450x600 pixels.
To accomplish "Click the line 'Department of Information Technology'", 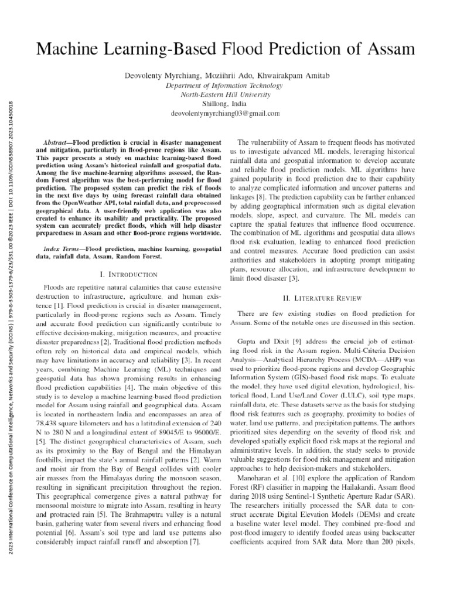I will coord(225,85).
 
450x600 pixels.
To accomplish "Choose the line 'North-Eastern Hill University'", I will coord(225,94).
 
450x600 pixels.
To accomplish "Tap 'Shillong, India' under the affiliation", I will coord(225,104).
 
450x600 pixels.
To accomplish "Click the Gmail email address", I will coord(225,113).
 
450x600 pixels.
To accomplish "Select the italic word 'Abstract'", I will coord(58,143).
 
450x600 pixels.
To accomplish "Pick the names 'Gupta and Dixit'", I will coord(265,340).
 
